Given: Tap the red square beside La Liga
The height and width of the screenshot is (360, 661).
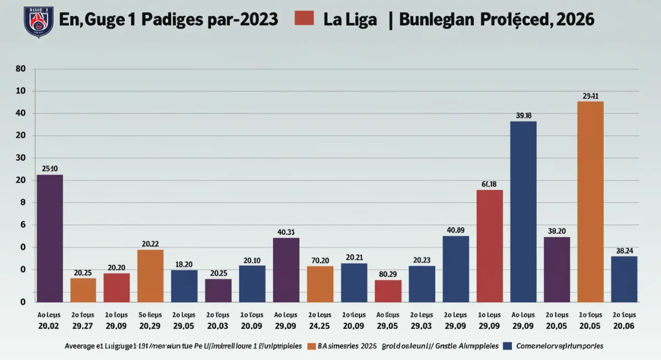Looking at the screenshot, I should click(304, 18).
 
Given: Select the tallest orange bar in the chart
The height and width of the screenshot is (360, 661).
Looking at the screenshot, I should click(590, 201).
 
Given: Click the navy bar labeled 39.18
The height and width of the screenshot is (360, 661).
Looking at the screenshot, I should click(523, 211).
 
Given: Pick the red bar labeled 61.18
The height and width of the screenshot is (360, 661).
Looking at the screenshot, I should click(489, 246).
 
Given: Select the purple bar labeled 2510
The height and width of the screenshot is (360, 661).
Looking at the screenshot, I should click(50, 238).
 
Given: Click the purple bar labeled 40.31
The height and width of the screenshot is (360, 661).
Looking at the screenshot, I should click(286, 270).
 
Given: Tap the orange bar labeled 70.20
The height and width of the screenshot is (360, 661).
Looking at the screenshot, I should click(320, 283).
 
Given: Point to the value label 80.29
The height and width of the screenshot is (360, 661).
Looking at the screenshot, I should click(388, 274).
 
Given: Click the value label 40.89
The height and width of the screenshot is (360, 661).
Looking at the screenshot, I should click(456, 230).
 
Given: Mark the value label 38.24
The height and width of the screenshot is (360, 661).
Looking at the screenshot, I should click(624, 250).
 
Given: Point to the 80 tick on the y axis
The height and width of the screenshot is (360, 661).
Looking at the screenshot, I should click(21, 69).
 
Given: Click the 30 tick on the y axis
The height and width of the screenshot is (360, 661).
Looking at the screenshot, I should click(21, 158).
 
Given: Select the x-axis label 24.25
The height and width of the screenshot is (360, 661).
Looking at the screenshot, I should click(320, 326).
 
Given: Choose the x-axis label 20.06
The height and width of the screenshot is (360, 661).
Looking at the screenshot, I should click(624, 326).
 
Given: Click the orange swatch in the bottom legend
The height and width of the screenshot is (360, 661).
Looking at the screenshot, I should click(310, 346).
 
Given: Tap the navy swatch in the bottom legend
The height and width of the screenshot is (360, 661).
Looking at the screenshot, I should click(507, 346).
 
